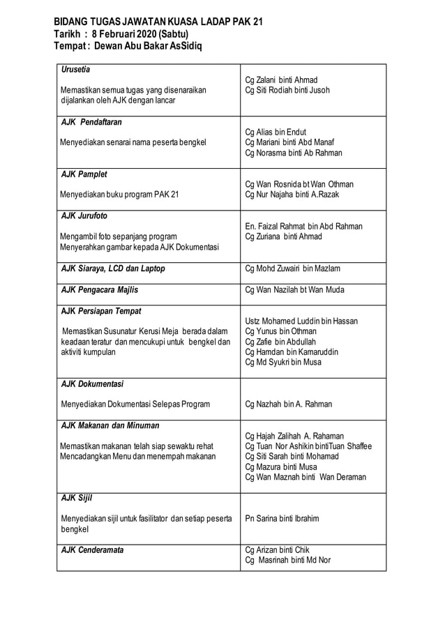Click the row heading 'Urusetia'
[x=76, y=70]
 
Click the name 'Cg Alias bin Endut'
[x=276, y=132]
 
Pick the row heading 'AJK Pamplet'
[x=84, y=174]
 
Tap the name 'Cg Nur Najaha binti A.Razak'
[x=292, y=195]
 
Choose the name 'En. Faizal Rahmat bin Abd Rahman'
[x=304, y=226]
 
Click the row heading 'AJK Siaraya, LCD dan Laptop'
[x=113, y=268]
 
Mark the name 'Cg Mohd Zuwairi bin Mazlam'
[x=293, y=268]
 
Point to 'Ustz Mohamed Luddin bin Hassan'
[x=301, y=321]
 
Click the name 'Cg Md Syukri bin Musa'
[x=283, y=362]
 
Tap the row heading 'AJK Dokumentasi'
[x=92, y=384]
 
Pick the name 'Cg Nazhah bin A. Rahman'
[x=289, y=404]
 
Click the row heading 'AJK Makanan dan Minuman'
[x=110, y=425]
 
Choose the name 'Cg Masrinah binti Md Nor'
[x=288, y=560]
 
